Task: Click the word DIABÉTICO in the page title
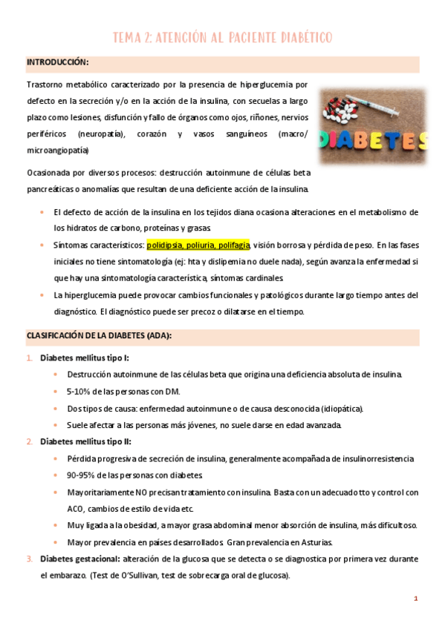[302, 37]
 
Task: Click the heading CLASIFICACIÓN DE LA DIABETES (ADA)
[99, 335]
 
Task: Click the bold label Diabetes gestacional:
[79, 558]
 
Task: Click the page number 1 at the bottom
[416, 599]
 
